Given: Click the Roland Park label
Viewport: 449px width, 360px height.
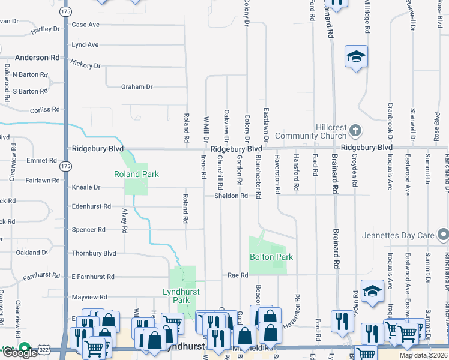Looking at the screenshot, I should pyautogui.click(x=137, y=174).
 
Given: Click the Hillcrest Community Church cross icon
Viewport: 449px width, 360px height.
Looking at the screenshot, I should pyautogui.click(x=355, y=130).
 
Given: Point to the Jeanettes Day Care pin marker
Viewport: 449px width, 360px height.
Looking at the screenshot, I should pyautogui.click(x=443, y=235).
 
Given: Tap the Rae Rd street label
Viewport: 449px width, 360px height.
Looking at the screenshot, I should pyautogui.click(x=238, y=275).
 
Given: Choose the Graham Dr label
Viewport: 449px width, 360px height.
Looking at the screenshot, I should pyautogui.click(x=137, y=87).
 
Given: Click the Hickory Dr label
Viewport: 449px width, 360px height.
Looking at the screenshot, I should pyautogui.click(x=85, y=65).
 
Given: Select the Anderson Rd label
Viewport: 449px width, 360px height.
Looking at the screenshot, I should pyautogui.click(x=38, y=58).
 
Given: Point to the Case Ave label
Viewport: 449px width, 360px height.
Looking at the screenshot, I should pyautogui.click(x=85, y=25).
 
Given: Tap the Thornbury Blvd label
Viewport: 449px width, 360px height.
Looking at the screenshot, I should pyautogui.click(x=94, y=253).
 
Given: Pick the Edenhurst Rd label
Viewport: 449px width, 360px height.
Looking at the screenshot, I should pyautogui.click(x=91, y=206).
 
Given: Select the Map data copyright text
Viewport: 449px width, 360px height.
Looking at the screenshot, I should pyautogui.click(x=423, y=355).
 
